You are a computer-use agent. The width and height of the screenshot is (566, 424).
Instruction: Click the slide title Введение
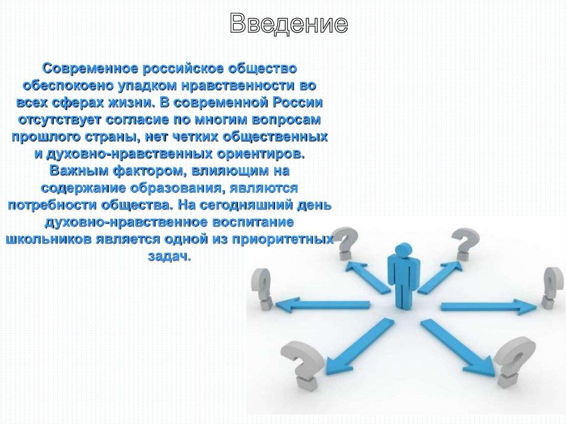click(289, 23)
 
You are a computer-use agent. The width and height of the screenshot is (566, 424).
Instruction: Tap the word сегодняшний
click(245, 205)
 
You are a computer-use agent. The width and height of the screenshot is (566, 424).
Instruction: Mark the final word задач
click(169, 257)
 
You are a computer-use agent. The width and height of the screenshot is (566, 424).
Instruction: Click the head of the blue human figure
click(403, 249)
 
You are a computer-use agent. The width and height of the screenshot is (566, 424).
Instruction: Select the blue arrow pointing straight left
click(323, 306)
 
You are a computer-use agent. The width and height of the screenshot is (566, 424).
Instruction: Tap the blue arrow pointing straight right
click(489, 307)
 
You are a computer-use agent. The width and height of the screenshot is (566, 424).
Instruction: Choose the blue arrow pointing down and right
click(458, 347)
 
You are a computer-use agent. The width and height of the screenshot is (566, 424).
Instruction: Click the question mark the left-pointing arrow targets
click(263, 290)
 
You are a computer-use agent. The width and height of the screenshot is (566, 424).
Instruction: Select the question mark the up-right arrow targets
click(465, 244)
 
